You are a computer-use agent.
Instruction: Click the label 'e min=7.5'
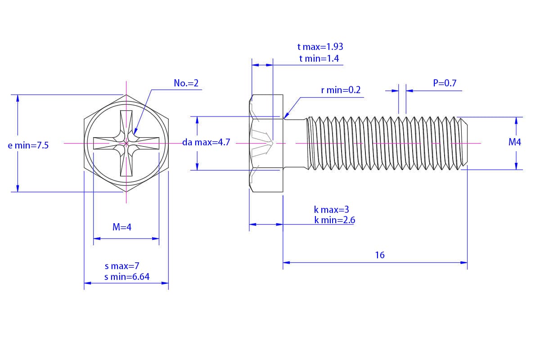tap(28, 145)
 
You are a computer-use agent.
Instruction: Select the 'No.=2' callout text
tap(186, 83)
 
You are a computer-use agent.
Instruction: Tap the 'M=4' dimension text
tap(122, 227)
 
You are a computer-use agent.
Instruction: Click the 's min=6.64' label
tap(127, 277)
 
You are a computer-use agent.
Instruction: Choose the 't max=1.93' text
tap(320, 47)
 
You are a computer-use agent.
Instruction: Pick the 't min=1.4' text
tap(319, 58)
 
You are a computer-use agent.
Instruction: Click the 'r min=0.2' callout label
tap(341, 90)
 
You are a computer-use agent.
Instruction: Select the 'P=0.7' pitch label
tap(445, 83)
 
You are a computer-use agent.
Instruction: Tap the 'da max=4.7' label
tap(206, 142)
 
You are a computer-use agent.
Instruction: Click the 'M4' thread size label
tap(514, 142)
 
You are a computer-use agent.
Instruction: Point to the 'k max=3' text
tap(332, 210)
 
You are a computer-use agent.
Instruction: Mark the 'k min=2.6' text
tap(335, 220)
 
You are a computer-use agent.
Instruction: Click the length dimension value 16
tap(380, 255)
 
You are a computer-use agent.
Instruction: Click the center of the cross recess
tap(126, 143)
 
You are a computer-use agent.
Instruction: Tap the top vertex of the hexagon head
tap(126, 95)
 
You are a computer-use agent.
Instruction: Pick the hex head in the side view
tap(266, 143)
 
